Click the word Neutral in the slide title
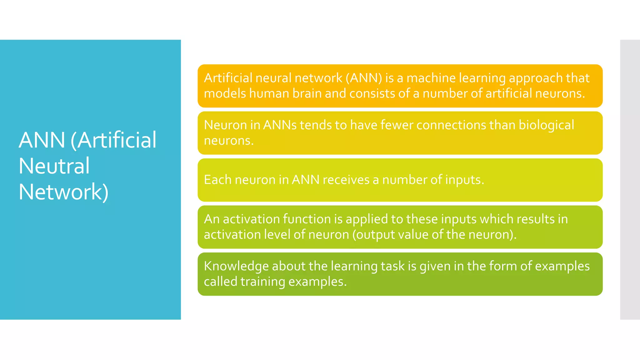click(54, 166)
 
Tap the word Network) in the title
click(63, 192)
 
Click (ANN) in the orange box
click(364, 78)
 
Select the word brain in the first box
click(307, 93)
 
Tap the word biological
click(546, 125)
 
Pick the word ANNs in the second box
click(280, 125)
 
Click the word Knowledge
click(236, 266)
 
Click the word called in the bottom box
click(220, 282)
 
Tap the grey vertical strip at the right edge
click(630, 180)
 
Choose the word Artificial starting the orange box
click(228, 78)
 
